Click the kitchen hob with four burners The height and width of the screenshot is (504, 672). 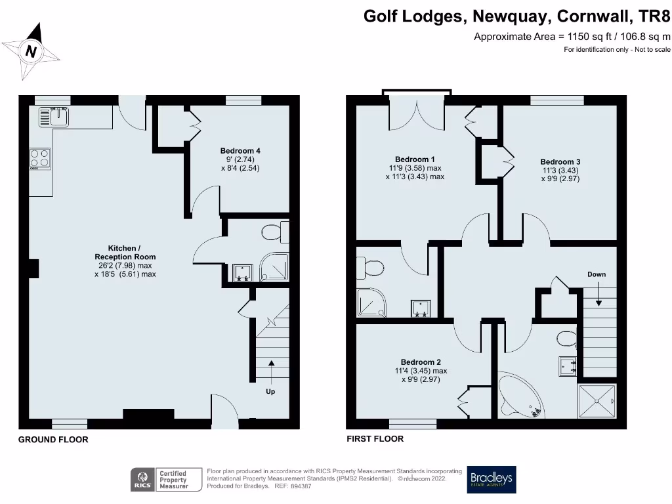(40, 158)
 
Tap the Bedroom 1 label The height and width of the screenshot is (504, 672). (415, 159)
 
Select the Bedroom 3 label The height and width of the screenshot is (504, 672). (560, 162)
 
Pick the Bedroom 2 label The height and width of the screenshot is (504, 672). (421, 362)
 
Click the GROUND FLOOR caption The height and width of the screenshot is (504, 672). (53, 440)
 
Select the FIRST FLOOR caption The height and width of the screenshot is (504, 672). (375, 438)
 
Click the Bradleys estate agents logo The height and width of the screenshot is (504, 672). (491, 480)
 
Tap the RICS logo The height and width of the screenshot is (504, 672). (142, 480)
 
